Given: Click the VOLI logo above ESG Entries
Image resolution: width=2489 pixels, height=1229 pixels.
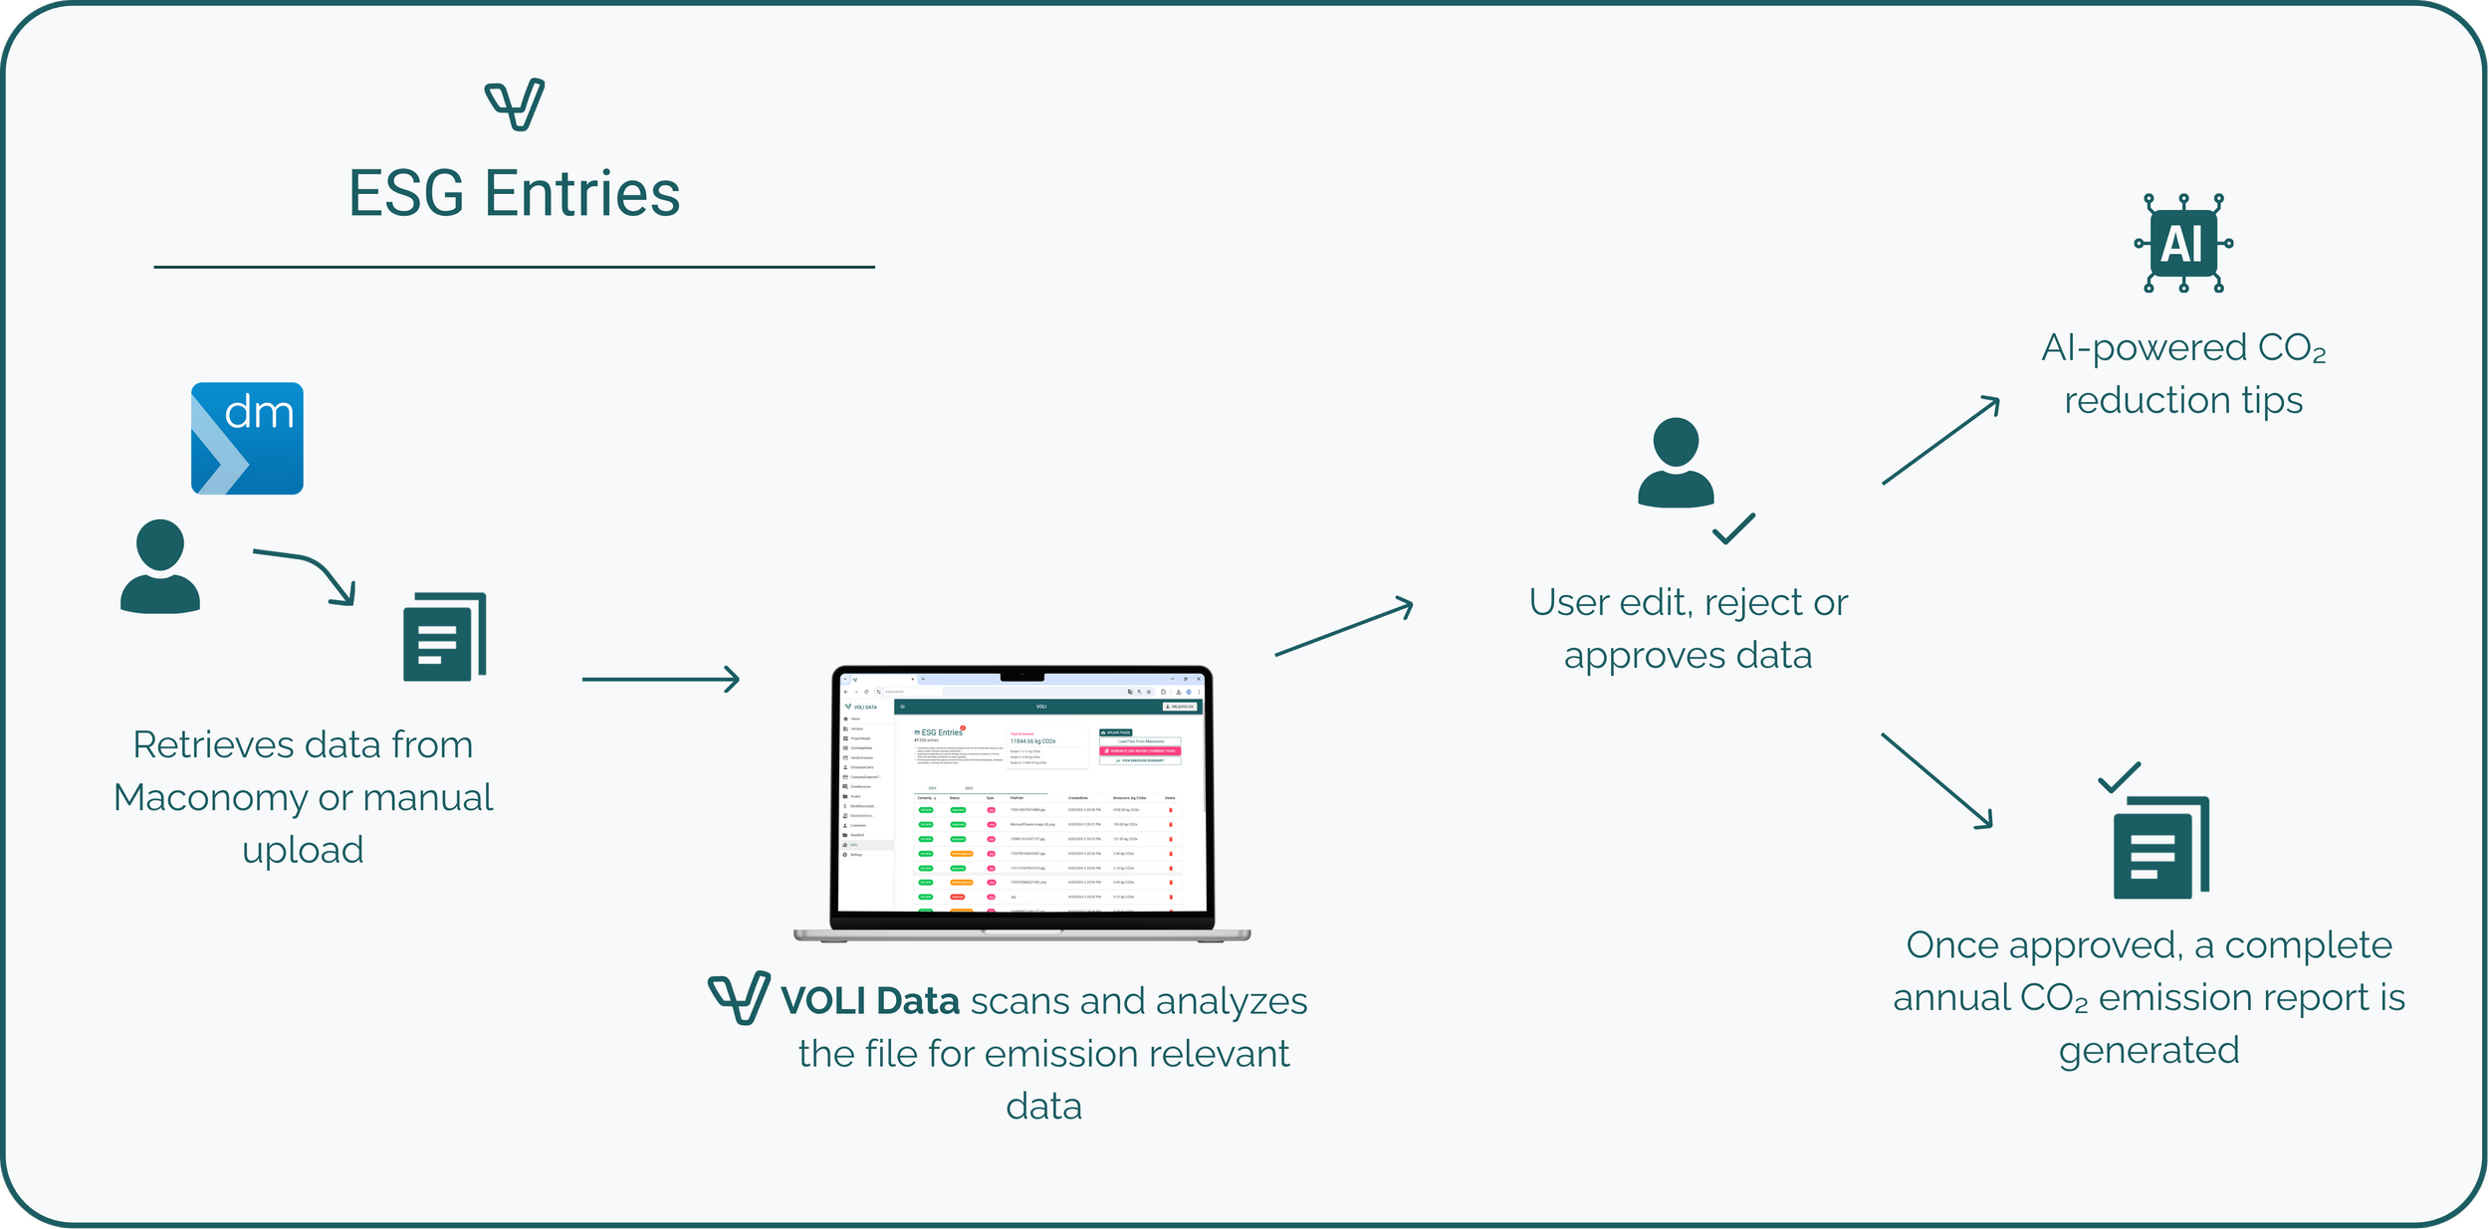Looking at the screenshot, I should tap(515, 104).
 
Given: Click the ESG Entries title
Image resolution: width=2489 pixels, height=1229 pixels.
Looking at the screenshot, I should tap(514, 193).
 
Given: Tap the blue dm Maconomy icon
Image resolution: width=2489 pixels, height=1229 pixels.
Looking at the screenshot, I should tap(247, 438).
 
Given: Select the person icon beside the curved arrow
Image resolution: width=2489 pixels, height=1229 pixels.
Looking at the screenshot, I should tap(160, 566).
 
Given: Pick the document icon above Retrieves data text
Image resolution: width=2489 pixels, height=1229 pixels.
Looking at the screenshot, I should tap(444, 637).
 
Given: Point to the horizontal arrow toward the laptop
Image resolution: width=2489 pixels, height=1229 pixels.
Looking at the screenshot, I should tap(660, 679).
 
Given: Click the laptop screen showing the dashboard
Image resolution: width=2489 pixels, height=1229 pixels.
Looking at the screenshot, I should tap(1021, 796).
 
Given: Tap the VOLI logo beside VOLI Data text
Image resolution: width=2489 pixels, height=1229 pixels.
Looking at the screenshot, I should tap(739, 997).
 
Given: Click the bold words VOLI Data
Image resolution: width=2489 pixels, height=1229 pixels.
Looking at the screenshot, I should tap(869, 1001).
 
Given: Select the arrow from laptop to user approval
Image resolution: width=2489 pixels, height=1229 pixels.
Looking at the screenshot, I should tap(1344, 627).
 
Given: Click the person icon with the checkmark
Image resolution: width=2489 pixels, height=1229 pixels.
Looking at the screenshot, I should tap(1677, 463).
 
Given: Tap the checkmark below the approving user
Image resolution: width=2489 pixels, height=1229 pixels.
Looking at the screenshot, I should tap(1733, 528).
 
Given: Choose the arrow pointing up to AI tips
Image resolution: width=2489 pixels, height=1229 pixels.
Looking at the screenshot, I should tap(1940, 440).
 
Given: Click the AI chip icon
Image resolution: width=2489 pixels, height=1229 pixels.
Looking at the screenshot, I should tap(2183, 244).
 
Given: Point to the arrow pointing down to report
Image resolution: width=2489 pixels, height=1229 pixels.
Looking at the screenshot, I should tap(1936, 780).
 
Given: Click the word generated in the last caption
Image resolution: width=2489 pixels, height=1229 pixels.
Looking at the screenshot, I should tap(2149, 1051).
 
